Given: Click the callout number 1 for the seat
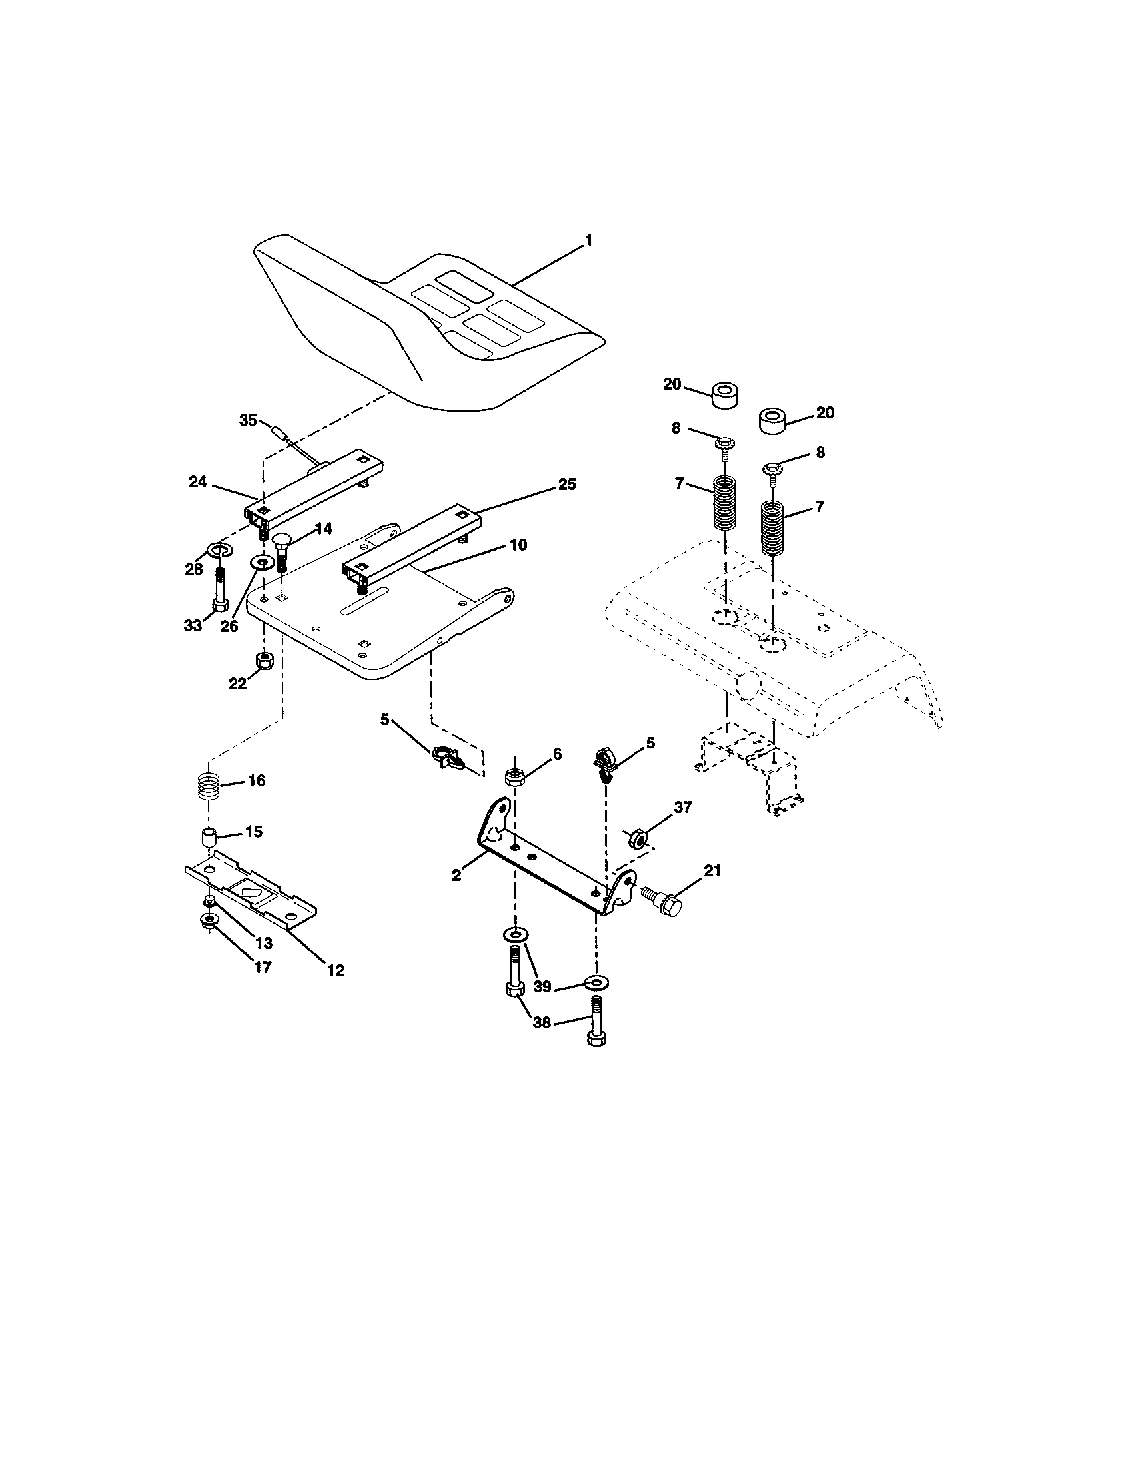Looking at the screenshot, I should click(x=588, y=240).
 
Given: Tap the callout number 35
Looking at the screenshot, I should click(x=248, y=421).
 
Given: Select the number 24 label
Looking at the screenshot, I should click(x=197, y=482).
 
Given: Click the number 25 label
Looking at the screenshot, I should click(x=567, y=484).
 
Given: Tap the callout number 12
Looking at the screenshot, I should click(x=336, y=970).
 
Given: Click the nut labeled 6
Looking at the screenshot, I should click(x=514, y=778).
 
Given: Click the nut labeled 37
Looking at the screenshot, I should click(x=636, y=838).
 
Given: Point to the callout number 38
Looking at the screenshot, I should click(x=542, y=1022).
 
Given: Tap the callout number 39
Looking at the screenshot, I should click(x=542, y=986).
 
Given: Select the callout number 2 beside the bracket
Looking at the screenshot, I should click(x=456, y=876).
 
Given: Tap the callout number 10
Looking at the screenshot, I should click(x=518, y=545).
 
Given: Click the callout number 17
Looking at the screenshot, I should click(x=263, y=967).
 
